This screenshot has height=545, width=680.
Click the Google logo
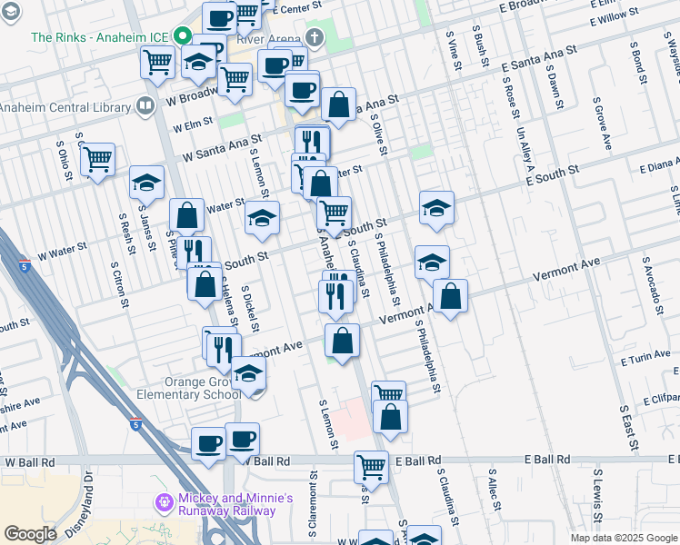[x=30, y=534]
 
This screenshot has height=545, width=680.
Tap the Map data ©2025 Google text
[x=623, y=538]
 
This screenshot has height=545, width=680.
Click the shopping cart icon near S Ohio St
[x=97, y=160]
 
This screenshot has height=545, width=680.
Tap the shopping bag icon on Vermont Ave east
[x=450, y=295]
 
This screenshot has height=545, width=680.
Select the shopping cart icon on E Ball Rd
[x=371, y=467]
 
